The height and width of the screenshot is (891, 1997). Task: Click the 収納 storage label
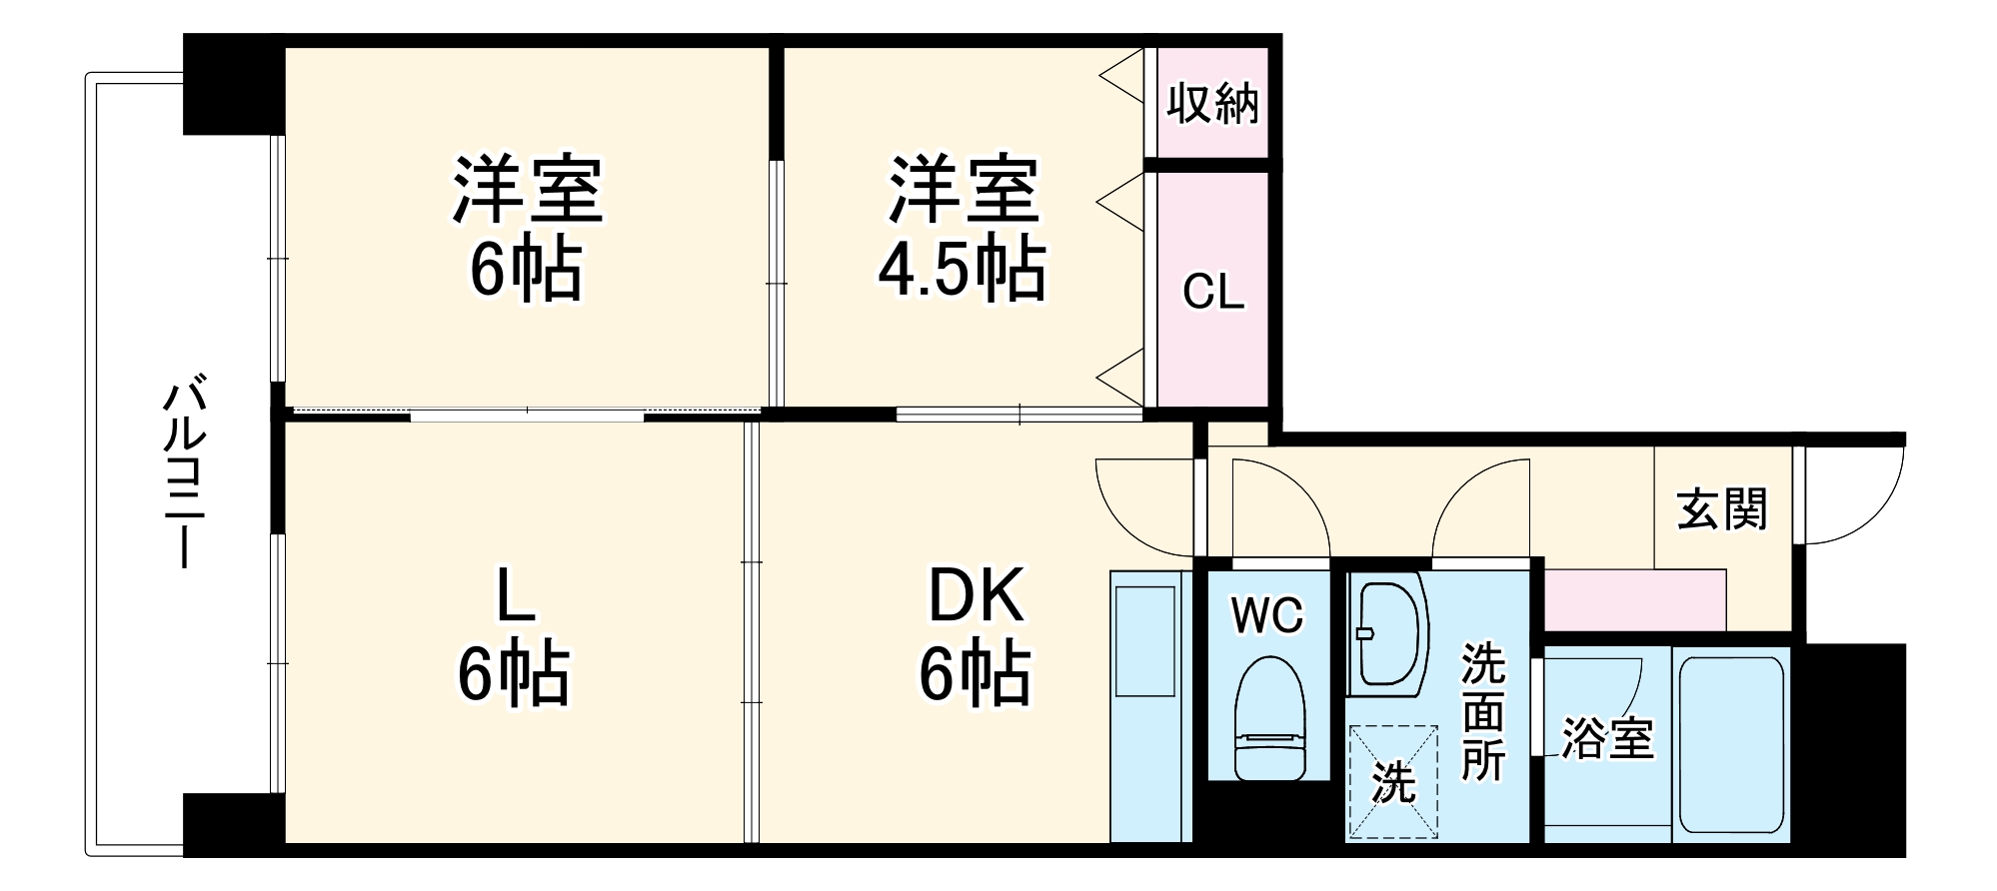(1212, 104)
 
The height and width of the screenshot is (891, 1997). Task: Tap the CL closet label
(1212, 293)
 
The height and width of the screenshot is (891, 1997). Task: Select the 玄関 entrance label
(1722, 509)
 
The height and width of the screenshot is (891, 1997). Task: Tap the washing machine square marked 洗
(1393, 782)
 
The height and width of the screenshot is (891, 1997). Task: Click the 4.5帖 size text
(962, 270)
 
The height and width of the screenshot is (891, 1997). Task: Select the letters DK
(976, 596)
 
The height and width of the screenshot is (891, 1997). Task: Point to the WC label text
(1267, 615)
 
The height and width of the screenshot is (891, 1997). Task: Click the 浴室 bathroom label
(1607, 739)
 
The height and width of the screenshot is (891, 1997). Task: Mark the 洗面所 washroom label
(1483, 711)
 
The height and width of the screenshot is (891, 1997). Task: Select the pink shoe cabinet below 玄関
(1635, 599)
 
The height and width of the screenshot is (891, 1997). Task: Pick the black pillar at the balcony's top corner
(232, 86)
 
